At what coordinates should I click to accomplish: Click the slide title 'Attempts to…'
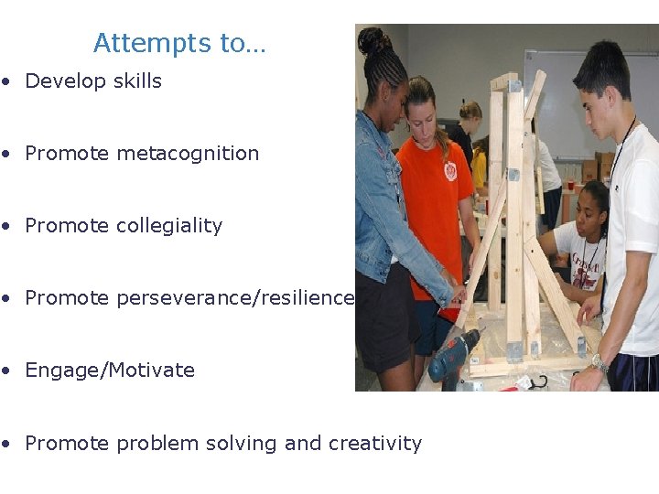[x=178, y=43]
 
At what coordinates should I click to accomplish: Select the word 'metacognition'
[x=188, y=154]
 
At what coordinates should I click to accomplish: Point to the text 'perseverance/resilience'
[x=235, y=298]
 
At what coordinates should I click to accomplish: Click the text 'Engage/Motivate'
[x=110, y=370]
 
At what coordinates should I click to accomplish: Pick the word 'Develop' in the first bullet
[x=66, y=81]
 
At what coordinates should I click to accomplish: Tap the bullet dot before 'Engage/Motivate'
[x=6, y=370]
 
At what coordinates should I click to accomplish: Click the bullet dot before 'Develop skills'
[x=6, y=81]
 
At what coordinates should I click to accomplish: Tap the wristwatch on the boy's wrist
[x=599, y=363]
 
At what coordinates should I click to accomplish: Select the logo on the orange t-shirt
[x=449, y=170]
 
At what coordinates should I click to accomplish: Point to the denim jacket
[x=380, y=210]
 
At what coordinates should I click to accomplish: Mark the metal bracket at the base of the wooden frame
[x=516, y=350]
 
